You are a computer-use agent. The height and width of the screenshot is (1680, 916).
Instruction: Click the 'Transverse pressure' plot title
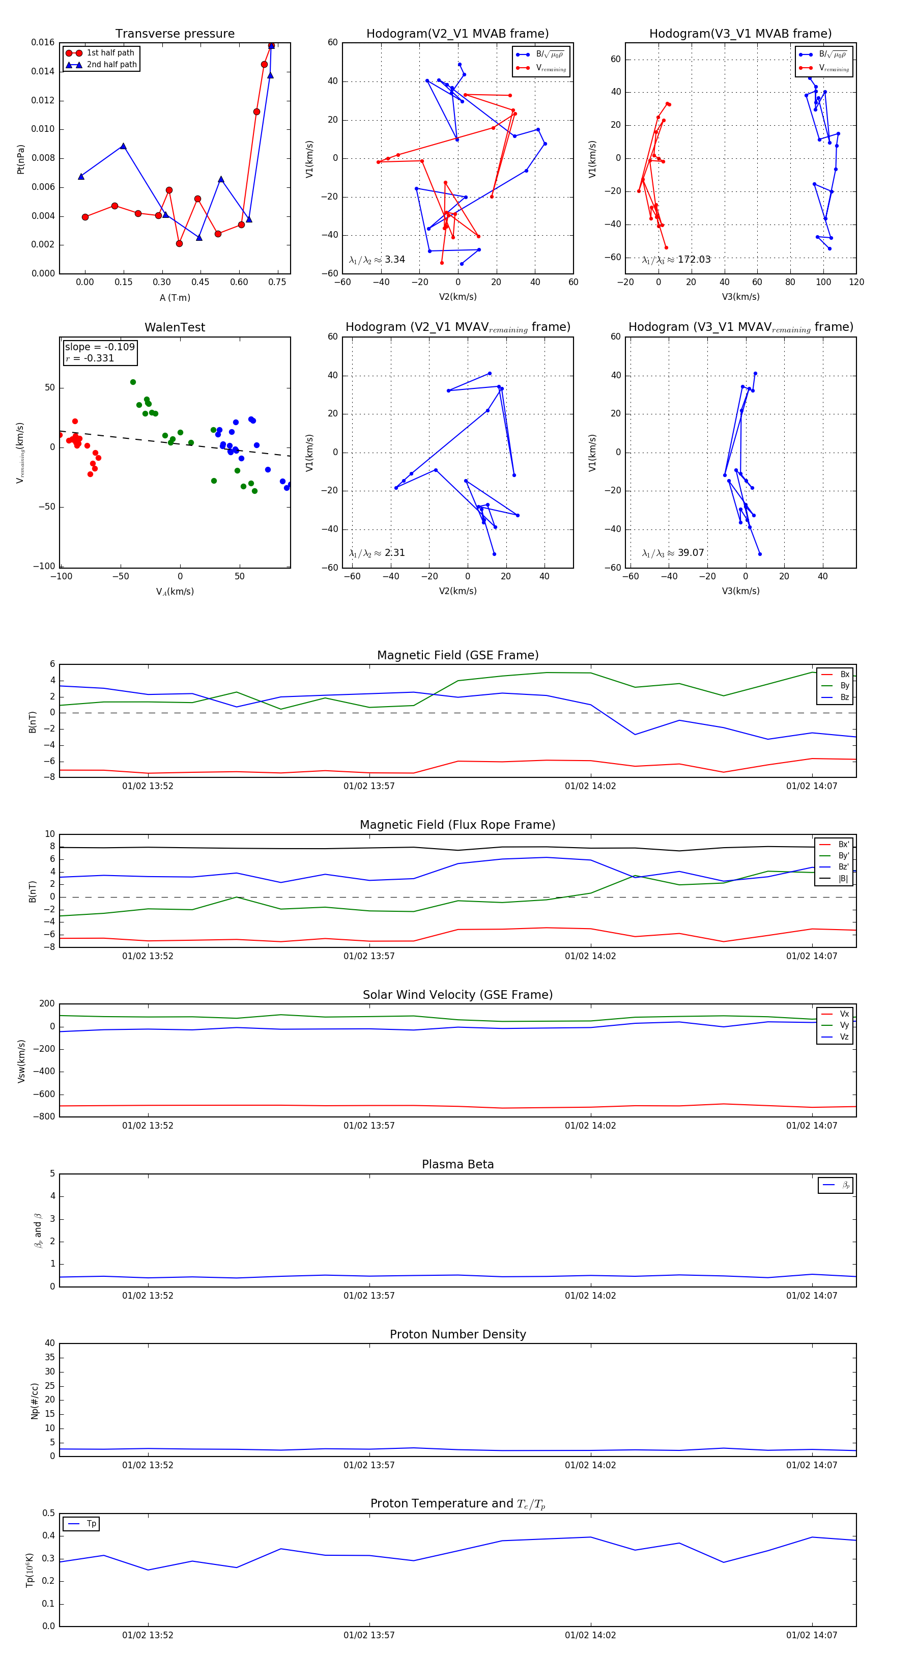[175, 34]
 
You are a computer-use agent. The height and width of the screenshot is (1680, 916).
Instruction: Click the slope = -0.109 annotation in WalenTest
[100, 347]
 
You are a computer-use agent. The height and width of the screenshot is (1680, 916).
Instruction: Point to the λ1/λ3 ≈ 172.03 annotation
[676, 260]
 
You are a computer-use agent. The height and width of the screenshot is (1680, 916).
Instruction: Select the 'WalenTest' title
[175, 327]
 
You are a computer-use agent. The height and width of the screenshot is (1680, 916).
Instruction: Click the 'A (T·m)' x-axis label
[175, 297]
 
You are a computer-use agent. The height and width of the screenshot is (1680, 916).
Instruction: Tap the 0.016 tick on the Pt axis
[43, 42]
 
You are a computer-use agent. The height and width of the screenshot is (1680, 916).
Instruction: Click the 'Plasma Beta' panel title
[457, 1164]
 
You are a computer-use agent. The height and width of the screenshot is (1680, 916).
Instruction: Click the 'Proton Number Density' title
[457, 1334]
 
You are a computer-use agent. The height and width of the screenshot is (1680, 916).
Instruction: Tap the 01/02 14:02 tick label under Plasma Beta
[590, 1295]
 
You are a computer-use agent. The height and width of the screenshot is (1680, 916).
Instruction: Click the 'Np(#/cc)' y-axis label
[35, 1401]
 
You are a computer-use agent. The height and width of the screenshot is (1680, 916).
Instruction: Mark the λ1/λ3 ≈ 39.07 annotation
[673, 553]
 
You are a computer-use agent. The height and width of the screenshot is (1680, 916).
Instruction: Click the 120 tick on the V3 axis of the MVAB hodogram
[856, 282]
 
